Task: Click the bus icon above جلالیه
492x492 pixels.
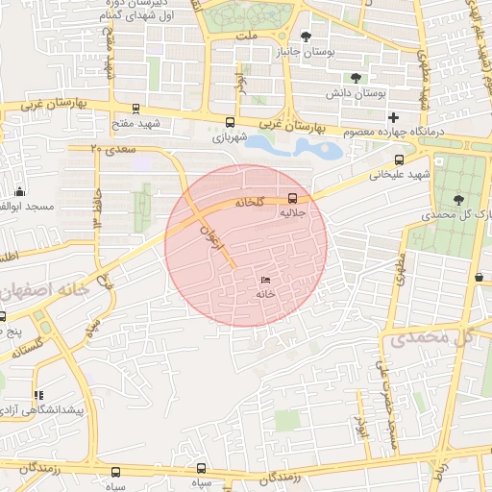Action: [292, 199]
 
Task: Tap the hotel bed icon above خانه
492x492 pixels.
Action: [265, 280]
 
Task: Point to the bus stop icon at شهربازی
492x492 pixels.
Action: [229, 122]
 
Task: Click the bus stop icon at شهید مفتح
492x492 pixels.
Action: [135, 109]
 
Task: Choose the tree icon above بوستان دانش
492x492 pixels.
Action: [357, 78]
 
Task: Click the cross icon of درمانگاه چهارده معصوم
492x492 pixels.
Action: [392, 116]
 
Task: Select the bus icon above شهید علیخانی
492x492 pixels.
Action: [399, 160]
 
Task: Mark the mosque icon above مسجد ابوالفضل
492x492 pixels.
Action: [20, 191]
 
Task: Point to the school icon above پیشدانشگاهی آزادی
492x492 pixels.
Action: [38, 395]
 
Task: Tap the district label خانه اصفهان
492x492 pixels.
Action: [45, 289]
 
